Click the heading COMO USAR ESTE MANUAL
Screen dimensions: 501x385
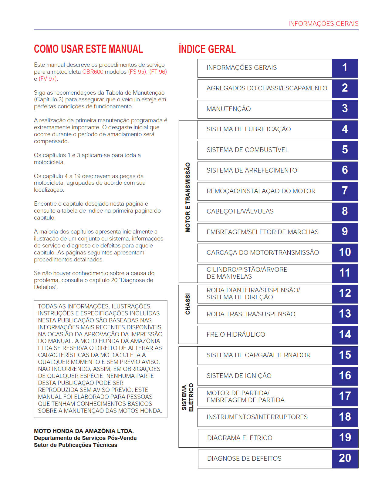tap(88, 49)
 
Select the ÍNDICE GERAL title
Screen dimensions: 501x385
tap(207, 49)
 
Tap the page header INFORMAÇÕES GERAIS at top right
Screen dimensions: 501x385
tap(323, 24)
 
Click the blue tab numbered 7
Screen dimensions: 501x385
tap(345, 191)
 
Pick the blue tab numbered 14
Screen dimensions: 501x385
tap(345, 335)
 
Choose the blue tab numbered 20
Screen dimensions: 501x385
tap(345, 458)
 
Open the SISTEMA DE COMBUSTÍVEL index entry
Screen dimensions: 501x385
tap(247, 150)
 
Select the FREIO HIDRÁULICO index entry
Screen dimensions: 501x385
tap(236, 335)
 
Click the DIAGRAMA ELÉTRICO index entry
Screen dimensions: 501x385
tap(240, 438)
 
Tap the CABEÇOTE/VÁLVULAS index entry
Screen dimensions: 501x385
tap(240, 211)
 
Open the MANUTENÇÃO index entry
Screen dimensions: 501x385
tap(228, 109)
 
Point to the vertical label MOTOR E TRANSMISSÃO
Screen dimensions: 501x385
tap(188, 197)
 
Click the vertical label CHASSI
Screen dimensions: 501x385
tap(188, 304)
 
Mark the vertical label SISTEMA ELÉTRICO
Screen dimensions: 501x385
tap(187, 397)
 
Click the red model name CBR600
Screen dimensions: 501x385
tap(93, 72)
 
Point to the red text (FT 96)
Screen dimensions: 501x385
tap(158, 72)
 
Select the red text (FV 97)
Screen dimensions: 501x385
tap(48, 79)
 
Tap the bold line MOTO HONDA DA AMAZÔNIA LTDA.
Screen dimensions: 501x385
tap(84, 431)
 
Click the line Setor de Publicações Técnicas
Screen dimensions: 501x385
tap(76, 445)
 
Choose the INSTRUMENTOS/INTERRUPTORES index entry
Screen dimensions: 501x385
tap(257, 417)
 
